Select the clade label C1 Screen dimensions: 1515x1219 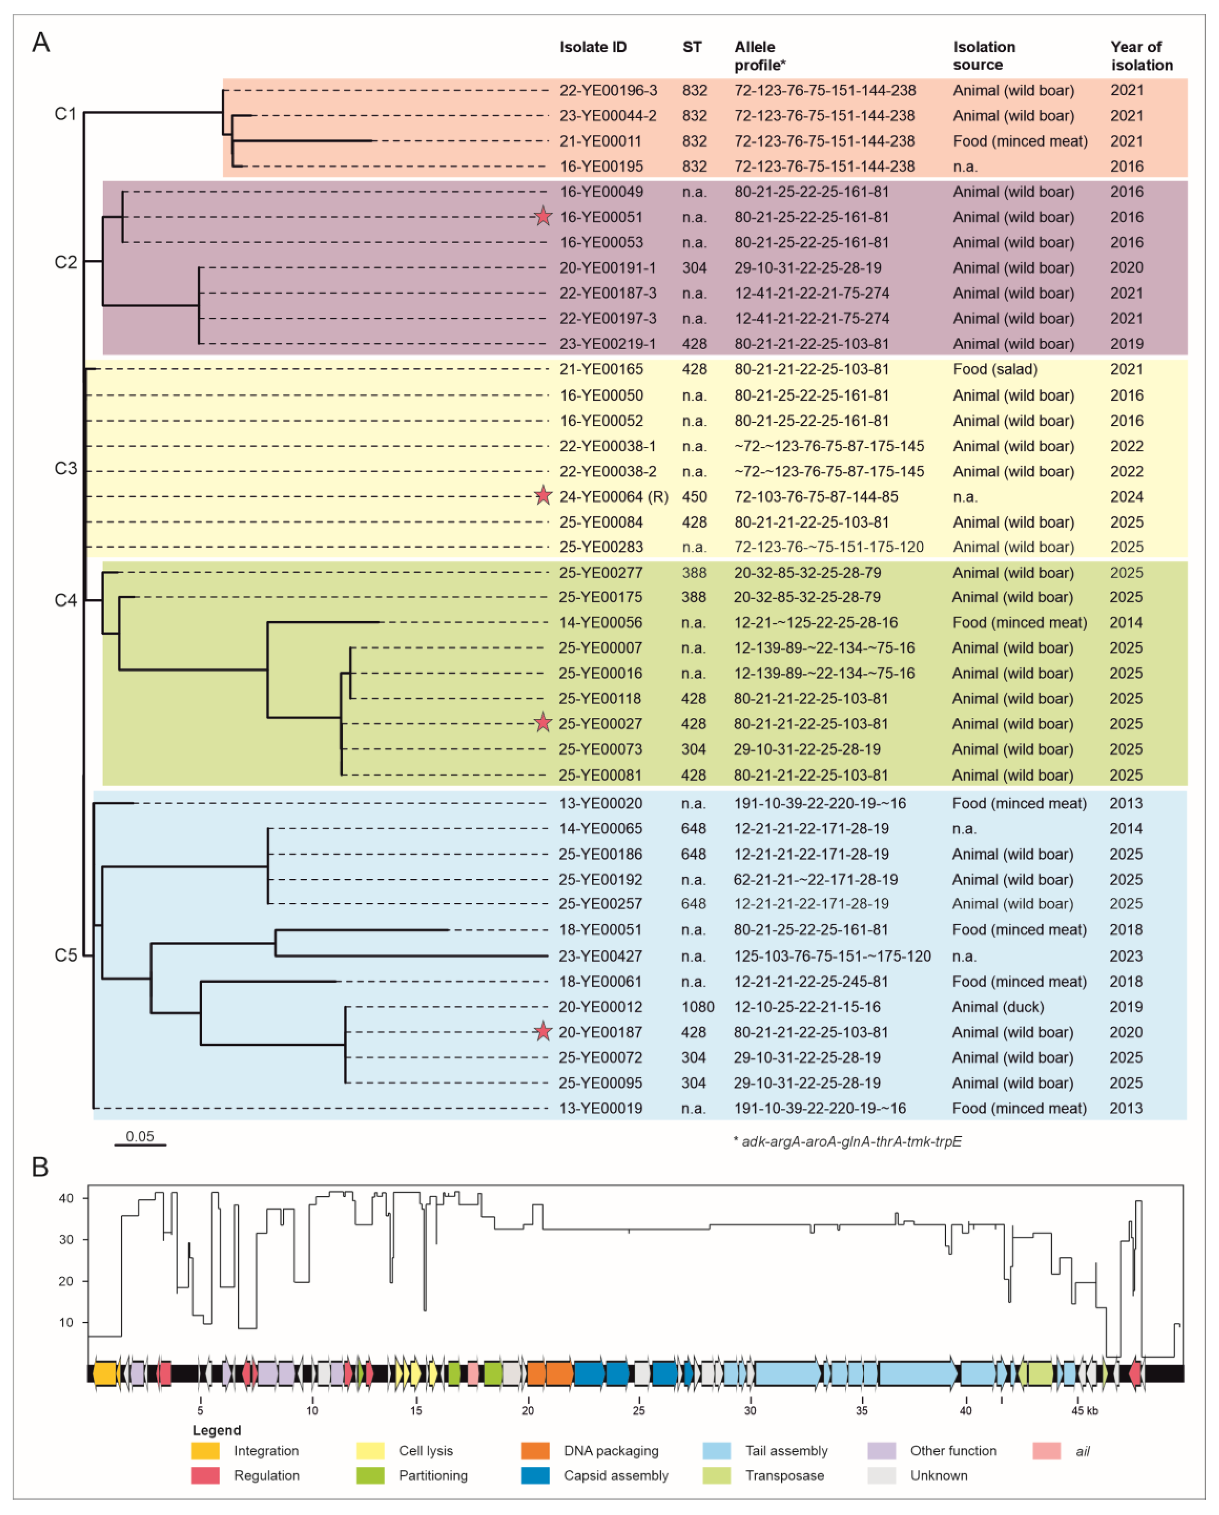[x=65, y=114]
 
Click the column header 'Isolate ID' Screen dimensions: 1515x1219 [x=593, y=47]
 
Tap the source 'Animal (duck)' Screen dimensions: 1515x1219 [x=998, y=1006]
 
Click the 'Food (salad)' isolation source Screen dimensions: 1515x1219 [x=995, y=369]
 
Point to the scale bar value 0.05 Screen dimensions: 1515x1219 [x=140, y=1136]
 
